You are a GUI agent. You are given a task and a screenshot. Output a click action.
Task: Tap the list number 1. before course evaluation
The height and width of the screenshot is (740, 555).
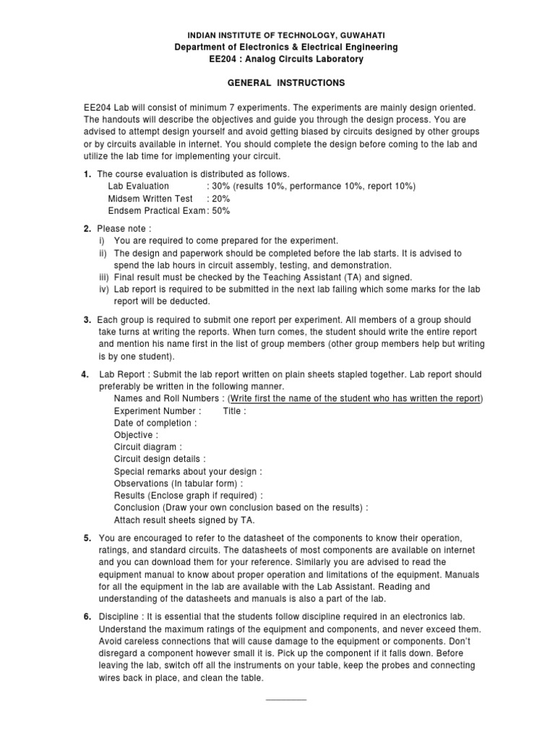tap(87, 174)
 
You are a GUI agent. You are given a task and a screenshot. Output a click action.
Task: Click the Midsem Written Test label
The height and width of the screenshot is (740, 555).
tap(150, 199)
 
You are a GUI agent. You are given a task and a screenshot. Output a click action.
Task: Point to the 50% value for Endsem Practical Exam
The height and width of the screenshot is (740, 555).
tap(220, 211)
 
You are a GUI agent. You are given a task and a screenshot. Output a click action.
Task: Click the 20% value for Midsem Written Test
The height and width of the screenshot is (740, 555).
tap(220, 199)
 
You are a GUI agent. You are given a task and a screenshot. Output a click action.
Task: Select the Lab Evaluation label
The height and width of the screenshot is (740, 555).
tap(139, 186)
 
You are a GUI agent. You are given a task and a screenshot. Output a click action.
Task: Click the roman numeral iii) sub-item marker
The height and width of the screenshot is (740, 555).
tap(104, 277)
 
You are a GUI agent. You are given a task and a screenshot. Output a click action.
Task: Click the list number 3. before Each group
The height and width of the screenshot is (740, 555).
tap(87, 319)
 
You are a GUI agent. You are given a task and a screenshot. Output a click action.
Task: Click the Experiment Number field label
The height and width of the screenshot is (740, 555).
tap(153, 410)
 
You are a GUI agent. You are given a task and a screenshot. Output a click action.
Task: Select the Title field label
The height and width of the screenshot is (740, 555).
tap(234, 410)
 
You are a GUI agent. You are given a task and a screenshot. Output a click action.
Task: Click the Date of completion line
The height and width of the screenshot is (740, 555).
tap(155, 423)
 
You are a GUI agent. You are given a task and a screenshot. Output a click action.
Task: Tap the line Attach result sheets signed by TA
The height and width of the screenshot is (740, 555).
tap(184, 520)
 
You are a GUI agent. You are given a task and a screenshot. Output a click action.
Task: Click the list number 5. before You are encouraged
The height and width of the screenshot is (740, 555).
tap(87, 538)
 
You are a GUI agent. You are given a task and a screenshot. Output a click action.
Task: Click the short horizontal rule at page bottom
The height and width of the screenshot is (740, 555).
tap(287, 700)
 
